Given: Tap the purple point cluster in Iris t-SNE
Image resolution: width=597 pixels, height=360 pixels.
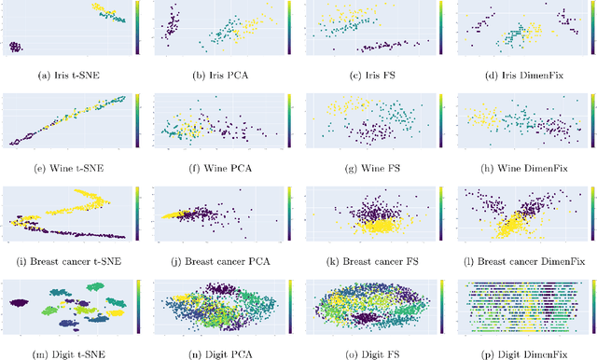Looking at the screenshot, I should pos(16,47).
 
